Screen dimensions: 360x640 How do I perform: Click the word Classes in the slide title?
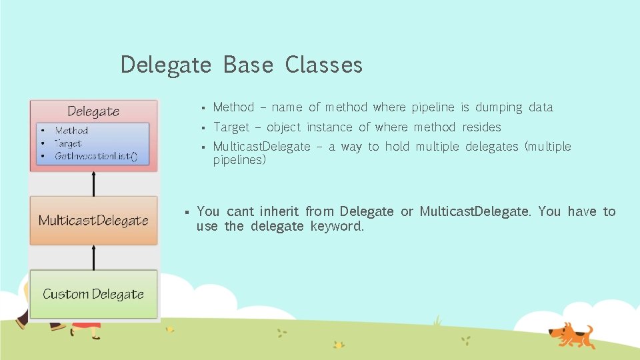[324, 65]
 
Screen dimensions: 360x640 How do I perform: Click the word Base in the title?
[248, 65]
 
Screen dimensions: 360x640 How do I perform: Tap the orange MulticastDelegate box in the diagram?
[93, 221]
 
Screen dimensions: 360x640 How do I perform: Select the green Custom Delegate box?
[93, 294]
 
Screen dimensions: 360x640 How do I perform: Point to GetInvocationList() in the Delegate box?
[96, 156]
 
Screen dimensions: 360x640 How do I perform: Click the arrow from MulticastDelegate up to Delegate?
[93, 183]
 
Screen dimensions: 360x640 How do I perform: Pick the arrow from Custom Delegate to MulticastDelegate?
[93, 257]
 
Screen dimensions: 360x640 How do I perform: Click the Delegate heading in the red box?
[93, 111]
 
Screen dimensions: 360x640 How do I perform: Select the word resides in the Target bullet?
[481, 127]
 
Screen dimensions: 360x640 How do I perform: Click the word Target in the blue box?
[68, 143]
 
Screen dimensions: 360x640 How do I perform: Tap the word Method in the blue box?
[71, 131]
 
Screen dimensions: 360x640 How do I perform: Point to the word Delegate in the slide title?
[166, 65]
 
